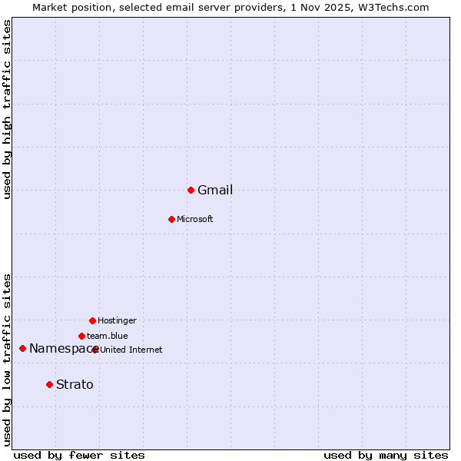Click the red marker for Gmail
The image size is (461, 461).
point(191,190)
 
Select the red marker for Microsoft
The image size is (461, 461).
point(171,219)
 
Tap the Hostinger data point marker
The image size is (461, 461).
point(92,320)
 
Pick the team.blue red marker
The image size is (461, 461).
point(81,336)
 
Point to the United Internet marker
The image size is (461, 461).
point(95,350)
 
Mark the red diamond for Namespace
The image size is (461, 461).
point(22,349)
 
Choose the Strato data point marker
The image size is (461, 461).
point(49,384)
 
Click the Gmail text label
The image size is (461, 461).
point(215,191)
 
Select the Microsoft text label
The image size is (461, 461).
point(195,220)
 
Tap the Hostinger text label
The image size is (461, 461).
point(117,321)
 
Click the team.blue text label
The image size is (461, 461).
point(108,337)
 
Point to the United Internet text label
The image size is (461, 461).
point(131,350)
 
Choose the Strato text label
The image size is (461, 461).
point(75,385)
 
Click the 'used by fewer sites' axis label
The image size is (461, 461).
point(79,456)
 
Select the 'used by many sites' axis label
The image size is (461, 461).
point(386,456)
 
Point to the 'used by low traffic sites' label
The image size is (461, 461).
point(8,360)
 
